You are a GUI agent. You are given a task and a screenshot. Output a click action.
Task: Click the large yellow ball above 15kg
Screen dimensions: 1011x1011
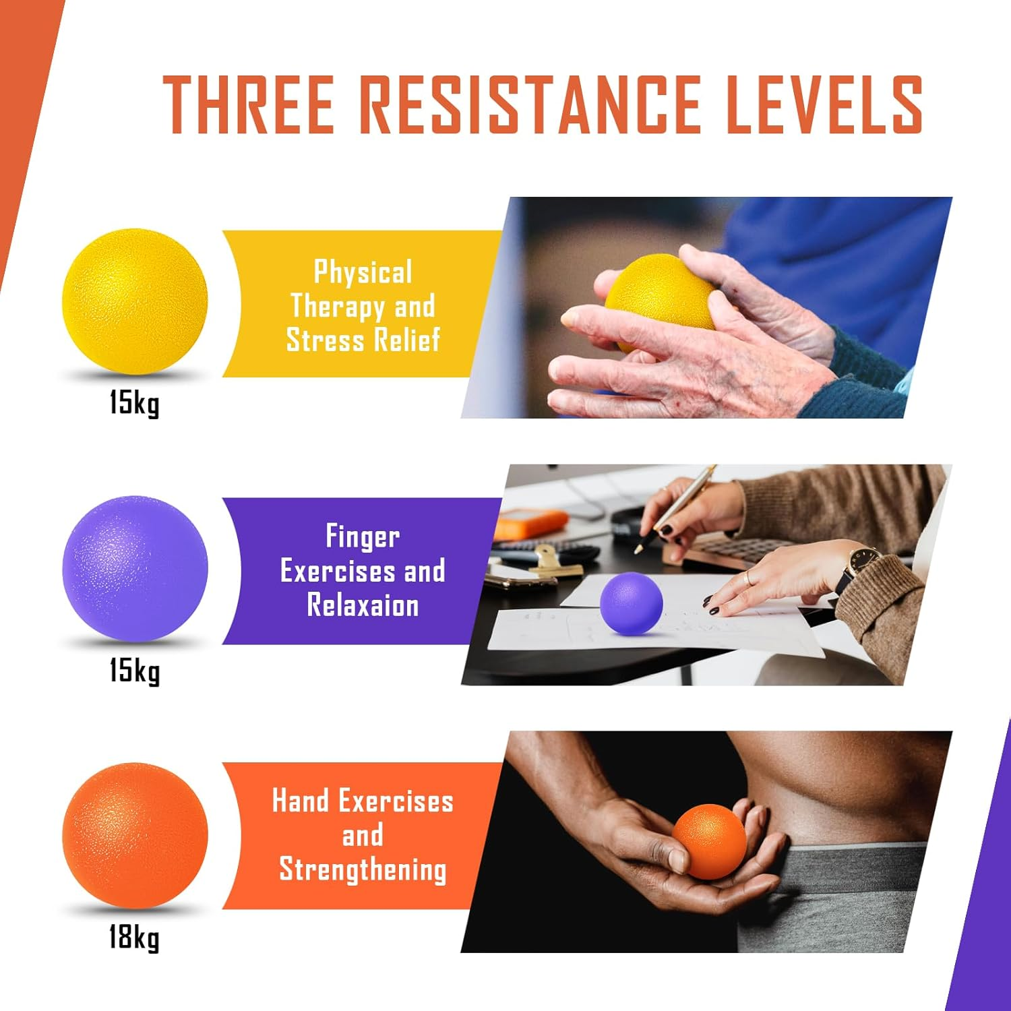pos(135,301)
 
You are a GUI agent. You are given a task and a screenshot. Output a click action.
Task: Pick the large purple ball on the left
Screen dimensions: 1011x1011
pos(135,568)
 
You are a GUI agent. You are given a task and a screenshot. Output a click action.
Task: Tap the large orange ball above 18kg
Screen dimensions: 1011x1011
pos(135,835)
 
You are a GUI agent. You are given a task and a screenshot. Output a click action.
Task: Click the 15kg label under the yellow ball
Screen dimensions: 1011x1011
pos(135,404)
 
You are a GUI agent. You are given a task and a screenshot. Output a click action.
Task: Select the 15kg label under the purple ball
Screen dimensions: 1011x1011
pos(135,671)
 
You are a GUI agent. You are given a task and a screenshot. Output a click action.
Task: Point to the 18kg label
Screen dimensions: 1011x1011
pos(135,938)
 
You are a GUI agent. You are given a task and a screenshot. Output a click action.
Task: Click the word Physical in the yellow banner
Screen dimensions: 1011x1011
pos(363,272)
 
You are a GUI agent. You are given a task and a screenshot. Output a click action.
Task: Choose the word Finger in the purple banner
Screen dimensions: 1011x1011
pos(363,537)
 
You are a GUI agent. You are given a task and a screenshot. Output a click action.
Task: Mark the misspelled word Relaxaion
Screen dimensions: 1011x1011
pos(363,605)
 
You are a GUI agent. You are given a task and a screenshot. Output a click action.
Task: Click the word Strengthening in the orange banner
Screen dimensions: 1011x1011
pos(363,869)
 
